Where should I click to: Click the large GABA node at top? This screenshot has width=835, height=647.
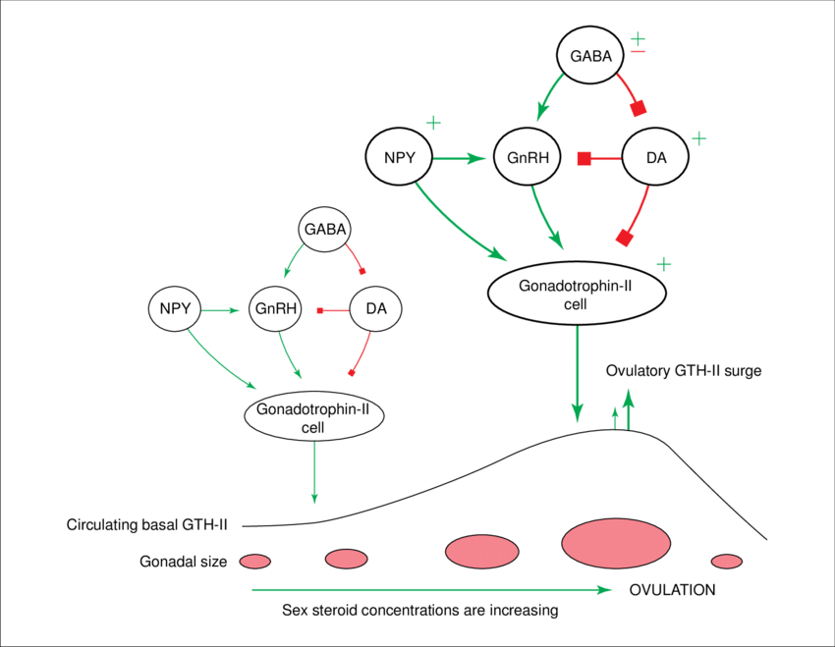[x=591, y=56]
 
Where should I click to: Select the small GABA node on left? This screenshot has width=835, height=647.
[x=324, y=231]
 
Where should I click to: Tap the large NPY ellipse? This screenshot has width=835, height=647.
[x=399, y=157]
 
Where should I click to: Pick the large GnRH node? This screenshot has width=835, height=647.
[x=528, y=157]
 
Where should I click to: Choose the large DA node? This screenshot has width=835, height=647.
[x=657, y=157]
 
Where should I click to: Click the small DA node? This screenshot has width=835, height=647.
[x=375, y=309]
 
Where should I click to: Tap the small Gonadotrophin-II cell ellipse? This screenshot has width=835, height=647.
[x=313, y=416]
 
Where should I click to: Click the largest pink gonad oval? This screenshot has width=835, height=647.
[x=616, y=541]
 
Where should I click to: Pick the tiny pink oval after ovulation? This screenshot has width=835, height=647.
[x=727, y=561]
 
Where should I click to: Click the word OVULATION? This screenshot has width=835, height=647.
[x=672, y=590]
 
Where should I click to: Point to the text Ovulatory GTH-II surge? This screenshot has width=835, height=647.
[x=684, y=371]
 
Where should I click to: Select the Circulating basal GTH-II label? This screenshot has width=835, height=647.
[x=147, y=524]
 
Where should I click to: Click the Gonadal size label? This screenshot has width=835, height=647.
[x=184, y=562]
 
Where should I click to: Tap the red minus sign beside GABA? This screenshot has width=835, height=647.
[x=637, y=58]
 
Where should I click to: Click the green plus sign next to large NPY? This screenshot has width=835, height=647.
[x=433, y=124]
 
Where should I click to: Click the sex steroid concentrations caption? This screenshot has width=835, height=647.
[x=419, y=610]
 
